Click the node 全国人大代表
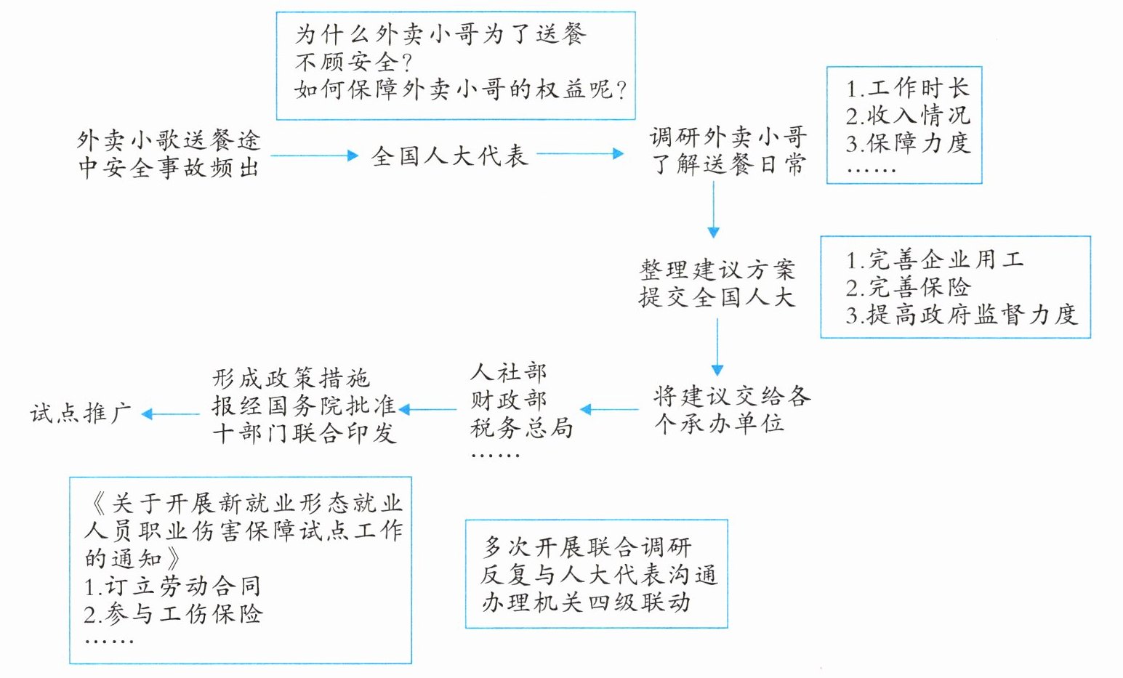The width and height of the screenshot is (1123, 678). [448, 155]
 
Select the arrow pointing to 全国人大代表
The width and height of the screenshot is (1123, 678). [314, 155]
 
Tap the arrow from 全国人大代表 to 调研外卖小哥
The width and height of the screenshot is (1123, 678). [579, 153]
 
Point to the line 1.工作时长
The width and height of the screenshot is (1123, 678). [907, 88]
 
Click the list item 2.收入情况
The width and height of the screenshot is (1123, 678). [907, 115]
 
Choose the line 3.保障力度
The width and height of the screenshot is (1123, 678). [907, 142]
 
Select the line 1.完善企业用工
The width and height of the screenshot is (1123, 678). [934, 259]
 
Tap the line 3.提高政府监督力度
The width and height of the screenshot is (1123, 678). [960, 314]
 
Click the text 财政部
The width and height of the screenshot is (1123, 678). [508, 400]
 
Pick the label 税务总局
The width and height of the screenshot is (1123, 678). [521, 427]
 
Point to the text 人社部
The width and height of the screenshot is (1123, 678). [508, 372]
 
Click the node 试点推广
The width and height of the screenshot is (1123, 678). [80, 413]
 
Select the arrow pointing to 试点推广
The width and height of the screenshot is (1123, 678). [171, 414]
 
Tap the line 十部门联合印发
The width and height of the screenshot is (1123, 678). [304, 433]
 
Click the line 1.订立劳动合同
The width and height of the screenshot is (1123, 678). [172, 586]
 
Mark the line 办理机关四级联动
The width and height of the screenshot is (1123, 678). [585, 602]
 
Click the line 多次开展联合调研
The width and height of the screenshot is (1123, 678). [587, 546]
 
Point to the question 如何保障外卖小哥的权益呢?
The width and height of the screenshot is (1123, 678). [461, 89]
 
